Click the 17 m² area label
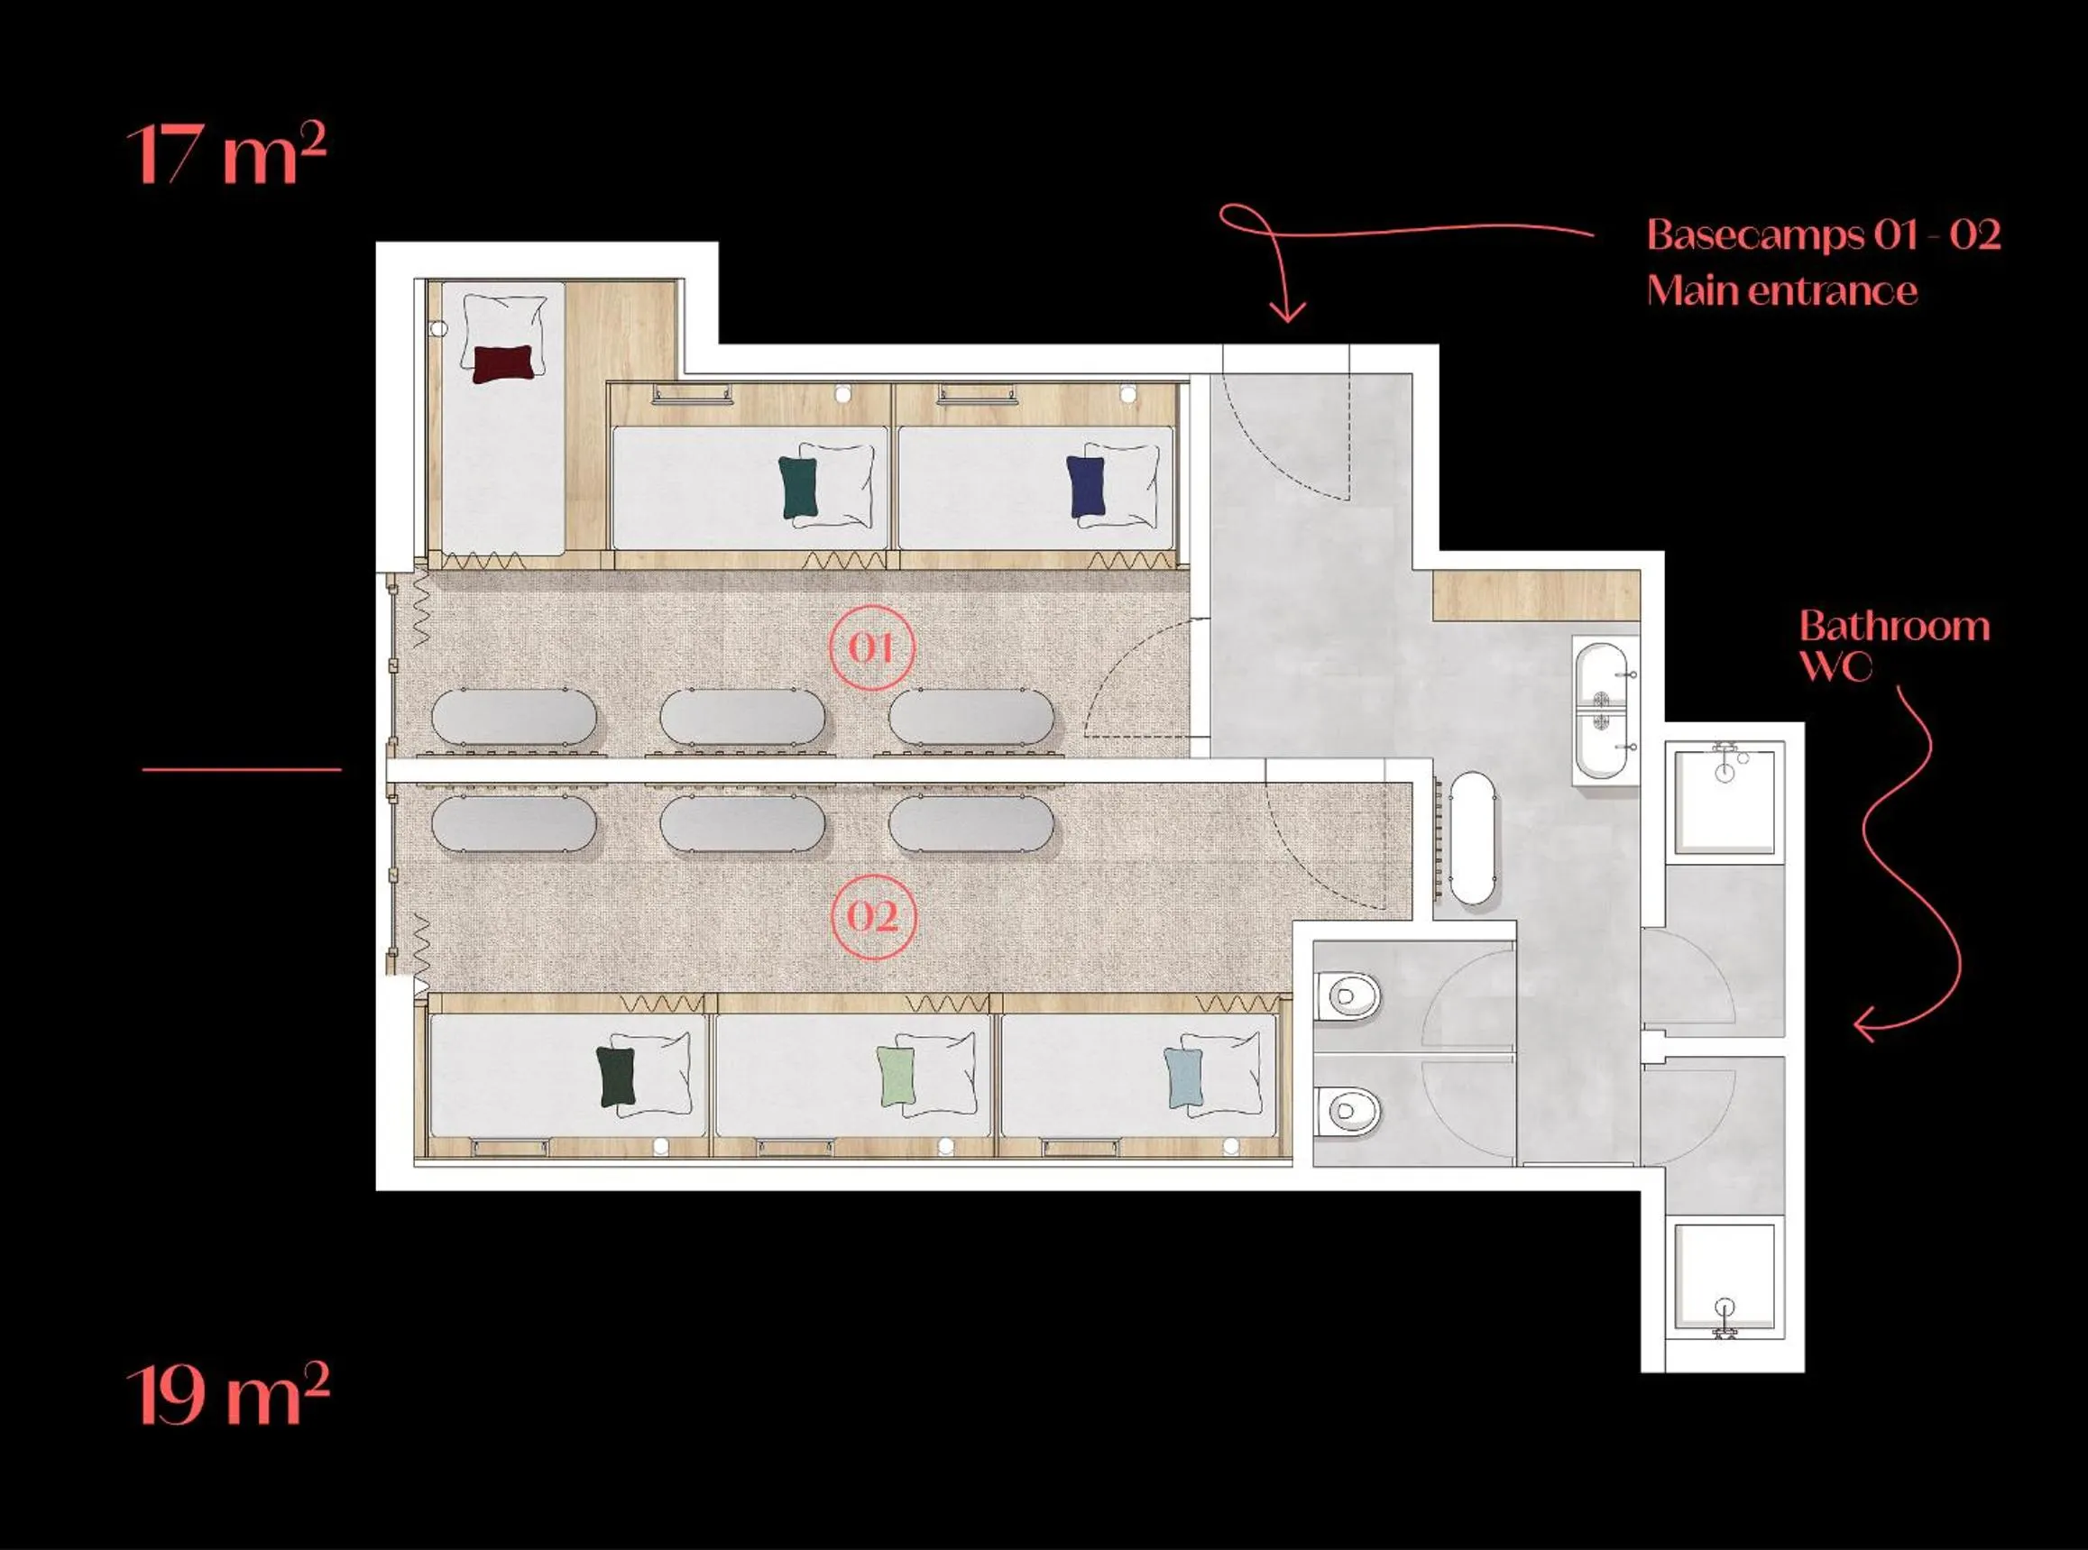(x=226, y=154)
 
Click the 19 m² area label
(x=228, y=1396)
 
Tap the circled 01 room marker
(x=872, y=647)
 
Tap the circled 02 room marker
(x=874, y=916)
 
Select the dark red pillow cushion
(x=503, y=363)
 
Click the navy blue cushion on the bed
(x=1087, y=487)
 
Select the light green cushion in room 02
(x=897, y=1078)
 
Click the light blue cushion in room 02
(x=1183, y=1078)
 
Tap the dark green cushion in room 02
(x=616, y=1077)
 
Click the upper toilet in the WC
(x=1348, y=995)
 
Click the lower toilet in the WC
(x=1348, y=1112)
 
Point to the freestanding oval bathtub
(x=1472, y=838)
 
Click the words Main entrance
(x=1781, y=291)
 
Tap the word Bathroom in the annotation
(x=1894, y=626)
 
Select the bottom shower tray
(x=1725, y=1277)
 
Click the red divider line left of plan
(x=241, y=769)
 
